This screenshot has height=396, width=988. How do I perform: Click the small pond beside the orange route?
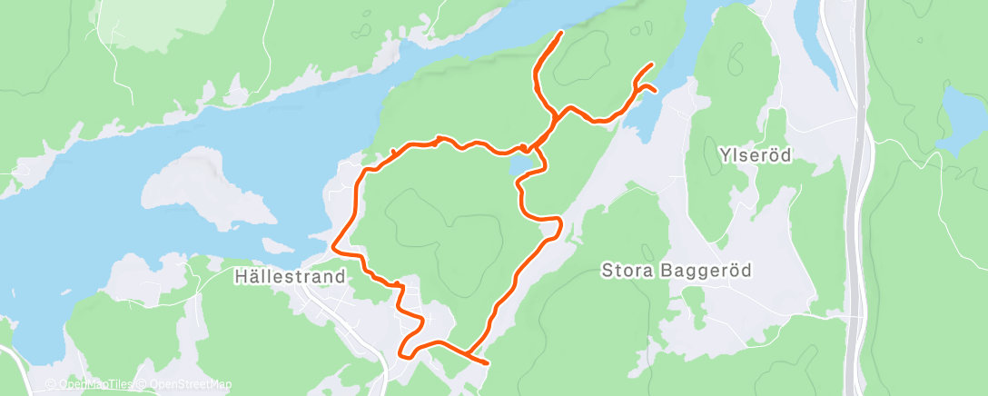(522, 165)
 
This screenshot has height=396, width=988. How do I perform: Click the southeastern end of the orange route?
(488, 363)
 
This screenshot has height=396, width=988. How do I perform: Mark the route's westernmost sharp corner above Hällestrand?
(333, 245)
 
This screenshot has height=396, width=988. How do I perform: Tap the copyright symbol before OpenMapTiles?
(52, 384)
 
